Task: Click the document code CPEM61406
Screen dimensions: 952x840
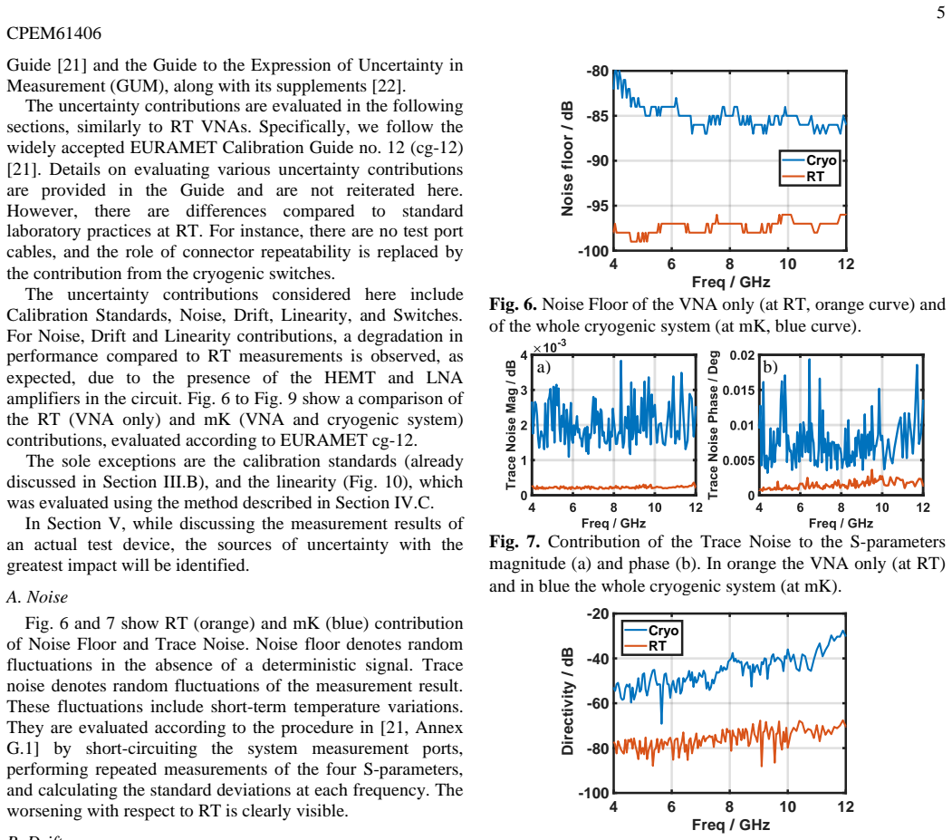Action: (54, 33)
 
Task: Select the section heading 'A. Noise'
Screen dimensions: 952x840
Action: (37, 597)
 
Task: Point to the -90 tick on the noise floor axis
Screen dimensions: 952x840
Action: (597, 161)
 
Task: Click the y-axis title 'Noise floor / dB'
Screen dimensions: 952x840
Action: (567, 159)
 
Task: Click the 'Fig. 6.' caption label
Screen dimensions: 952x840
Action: (513, 304)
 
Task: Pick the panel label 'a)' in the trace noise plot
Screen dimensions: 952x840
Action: (543, 368)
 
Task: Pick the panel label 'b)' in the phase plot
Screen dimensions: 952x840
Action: (770, 367)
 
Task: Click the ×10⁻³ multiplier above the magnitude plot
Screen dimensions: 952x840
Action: (550, 347)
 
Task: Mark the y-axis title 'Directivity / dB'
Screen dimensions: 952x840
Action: (567, 701)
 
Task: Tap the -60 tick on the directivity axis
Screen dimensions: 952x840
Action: (597, 703)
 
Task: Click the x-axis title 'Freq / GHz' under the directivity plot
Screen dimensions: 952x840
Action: (730, 825)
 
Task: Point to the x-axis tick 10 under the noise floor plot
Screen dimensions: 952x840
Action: (787, 265)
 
